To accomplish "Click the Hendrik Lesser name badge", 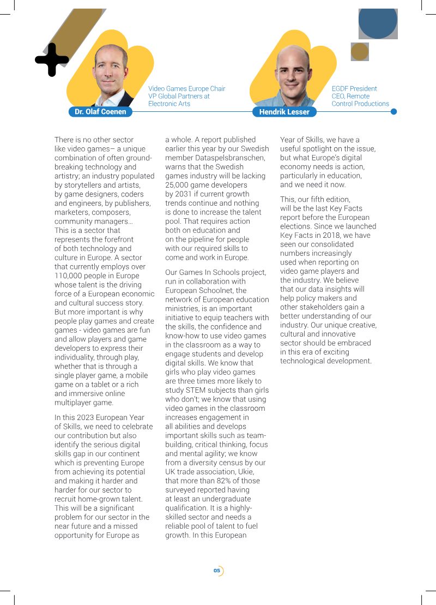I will point(284,112).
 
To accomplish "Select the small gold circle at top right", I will point(360,52).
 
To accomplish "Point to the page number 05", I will point(217,571).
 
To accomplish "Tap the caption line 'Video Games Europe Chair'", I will point(186,88).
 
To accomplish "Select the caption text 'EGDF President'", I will point(354,88).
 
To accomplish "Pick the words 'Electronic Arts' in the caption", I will point(169,104).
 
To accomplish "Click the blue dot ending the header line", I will point(394,112).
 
